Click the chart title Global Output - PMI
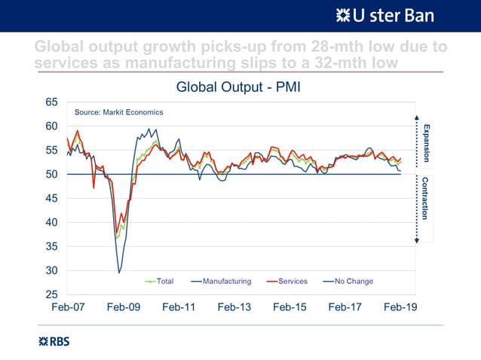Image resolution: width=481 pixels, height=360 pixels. click(238, 87)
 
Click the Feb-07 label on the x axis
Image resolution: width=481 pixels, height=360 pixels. click(67, 308)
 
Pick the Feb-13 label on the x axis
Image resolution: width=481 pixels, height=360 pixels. click(234, 308)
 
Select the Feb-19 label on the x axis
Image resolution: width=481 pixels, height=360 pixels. click(400, 308)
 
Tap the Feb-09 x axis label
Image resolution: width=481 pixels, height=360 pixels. click(123, 308)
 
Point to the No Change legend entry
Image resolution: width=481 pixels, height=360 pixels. click(353, 282)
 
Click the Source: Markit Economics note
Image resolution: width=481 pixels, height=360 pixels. click(118, 112)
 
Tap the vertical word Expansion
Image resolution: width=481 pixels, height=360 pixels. click(426, 142)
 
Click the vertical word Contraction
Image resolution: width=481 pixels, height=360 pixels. click(426, 198)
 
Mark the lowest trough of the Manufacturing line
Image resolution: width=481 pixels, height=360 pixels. click(119, 272)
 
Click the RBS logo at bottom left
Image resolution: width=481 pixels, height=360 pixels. click(54, 341)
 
